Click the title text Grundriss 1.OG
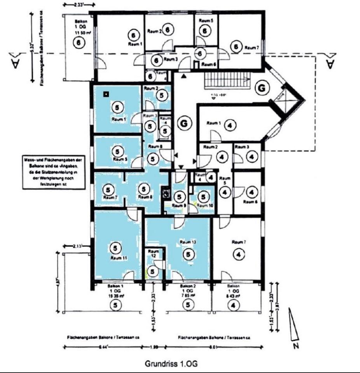(171, 364)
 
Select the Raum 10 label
(204, 206)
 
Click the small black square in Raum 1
(105, 94)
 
